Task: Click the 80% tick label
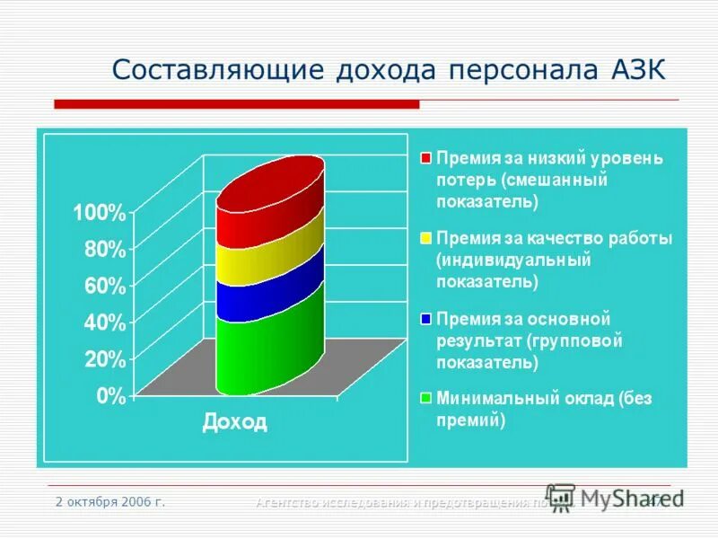pos(104,250)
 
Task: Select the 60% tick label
pos(104,287)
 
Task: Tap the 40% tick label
pos(104,323)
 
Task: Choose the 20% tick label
pos(104,359)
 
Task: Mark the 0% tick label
pos(110,396)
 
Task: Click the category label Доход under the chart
pos(234,421)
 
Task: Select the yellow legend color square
pos(426,239)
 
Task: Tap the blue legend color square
pos(426,319)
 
